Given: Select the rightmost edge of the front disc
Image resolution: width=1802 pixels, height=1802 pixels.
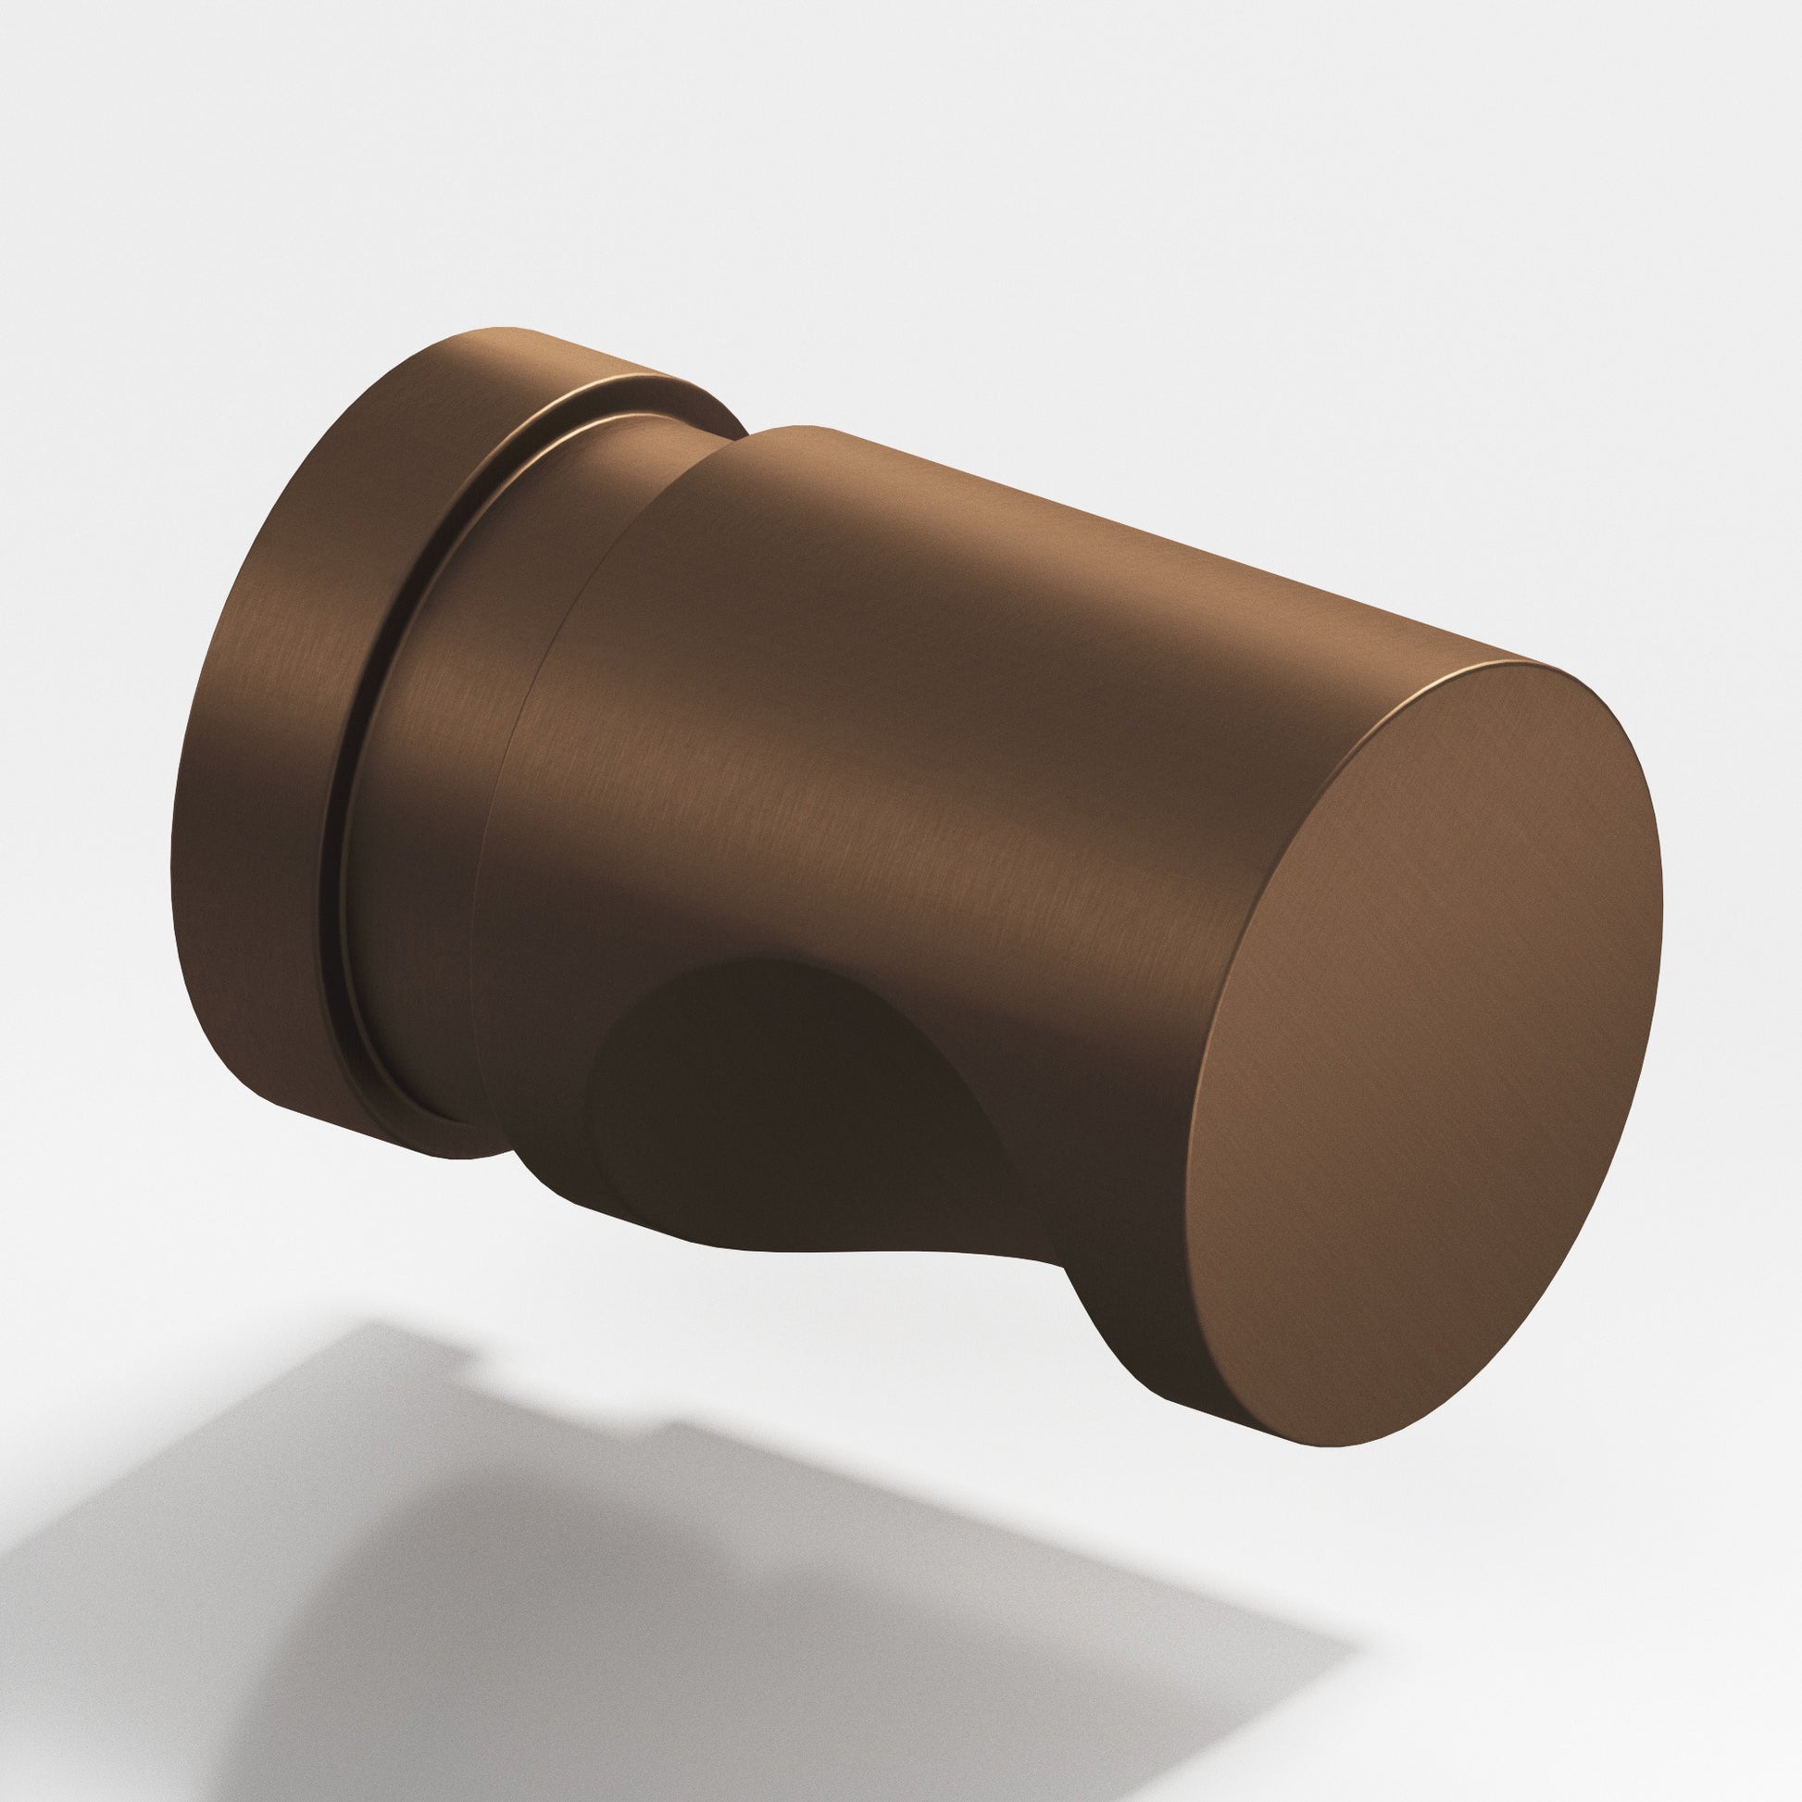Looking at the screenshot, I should click(x=1664, y=932).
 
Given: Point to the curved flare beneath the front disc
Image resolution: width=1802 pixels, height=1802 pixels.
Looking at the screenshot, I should click(x=1110, y=1306).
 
